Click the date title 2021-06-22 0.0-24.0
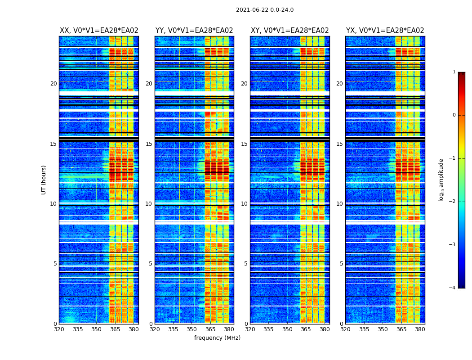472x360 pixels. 265,10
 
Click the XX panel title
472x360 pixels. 99,31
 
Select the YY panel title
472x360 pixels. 194,31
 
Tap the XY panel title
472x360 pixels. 289,31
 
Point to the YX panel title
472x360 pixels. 385,31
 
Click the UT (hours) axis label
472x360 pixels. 44,180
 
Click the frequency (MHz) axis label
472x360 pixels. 217,338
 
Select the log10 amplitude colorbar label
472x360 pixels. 441,180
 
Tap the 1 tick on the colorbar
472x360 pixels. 454,72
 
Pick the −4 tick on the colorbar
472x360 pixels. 453,288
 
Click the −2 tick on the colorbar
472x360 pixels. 453,202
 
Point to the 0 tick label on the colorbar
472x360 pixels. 454,115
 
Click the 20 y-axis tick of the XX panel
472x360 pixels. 53,84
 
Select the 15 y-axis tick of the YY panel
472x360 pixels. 149,144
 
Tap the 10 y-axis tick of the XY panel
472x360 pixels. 244,204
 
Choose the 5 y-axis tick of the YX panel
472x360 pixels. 341,264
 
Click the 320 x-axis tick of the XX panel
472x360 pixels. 59,329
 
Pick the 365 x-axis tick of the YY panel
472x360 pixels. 210,329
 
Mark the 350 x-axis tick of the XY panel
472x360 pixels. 287,329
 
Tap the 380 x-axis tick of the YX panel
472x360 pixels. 420,329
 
